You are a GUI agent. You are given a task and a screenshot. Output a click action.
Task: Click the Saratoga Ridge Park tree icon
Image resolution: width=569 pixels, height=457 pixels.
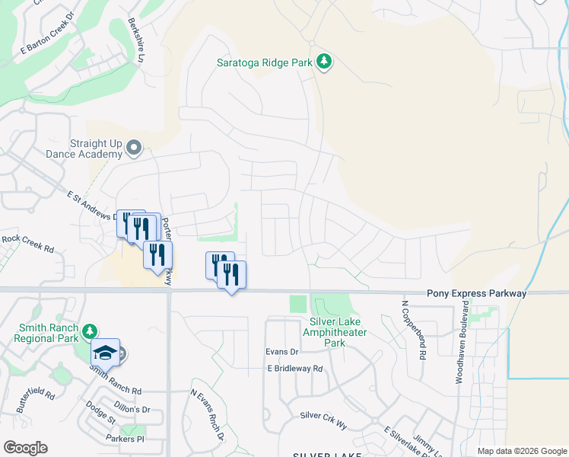(325, 62)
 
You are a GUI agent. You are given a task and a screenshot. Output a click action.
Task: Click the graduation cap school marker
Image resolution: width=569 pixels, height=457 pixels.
(105, 353)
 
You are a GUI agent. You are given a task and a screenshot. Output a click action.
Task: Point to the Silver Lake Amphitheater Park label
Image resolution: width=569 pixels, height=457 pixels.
(335, 332)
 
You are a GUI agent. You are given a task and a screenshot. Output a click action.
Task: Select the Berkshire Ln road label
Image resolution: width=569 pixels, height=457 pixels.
(137, 37)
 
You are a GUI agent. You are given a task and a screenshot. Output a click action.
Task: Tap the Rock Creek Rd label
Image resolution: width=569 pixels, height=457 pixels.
(27, 243)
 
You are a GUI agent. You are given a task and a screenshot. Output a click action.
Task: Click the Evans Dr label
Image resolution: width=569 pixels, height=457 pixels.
(281, 352)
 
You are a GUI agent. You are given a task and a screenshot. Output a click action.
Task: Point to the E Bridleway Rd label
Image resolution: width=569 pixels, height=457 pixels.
(295, 369)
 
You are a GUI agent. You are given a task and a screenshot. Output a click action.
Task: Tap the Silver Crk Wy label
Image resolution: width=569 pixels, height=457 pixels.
(323, 415)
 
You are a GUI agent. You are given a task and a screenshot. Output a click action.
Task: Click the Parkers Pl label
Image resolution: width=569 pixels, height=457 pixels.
(126, 439)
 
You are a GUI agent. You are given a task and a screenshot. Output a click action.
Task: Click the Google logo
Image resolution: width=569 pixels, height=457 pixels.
(25, 448)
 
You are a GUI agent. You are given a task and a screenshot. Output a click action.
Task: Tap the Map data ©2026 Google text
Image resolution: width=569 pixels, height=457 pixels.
(521, 451)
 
